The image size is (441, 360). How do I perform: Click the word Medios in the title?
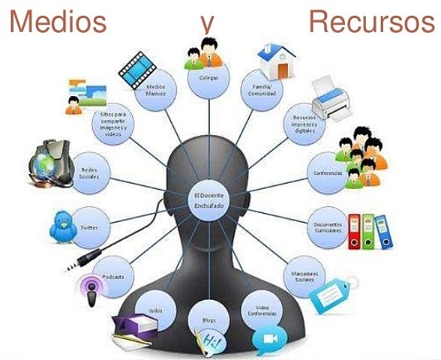click(x=57, y=22)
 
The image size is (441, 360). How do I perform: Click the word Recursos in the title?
click(x=372, y=22)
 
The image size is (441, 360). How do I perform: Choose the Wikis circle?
click(x=156, y=310)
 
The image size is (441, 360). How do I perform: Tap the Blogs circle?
click(x=209, y=321)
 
